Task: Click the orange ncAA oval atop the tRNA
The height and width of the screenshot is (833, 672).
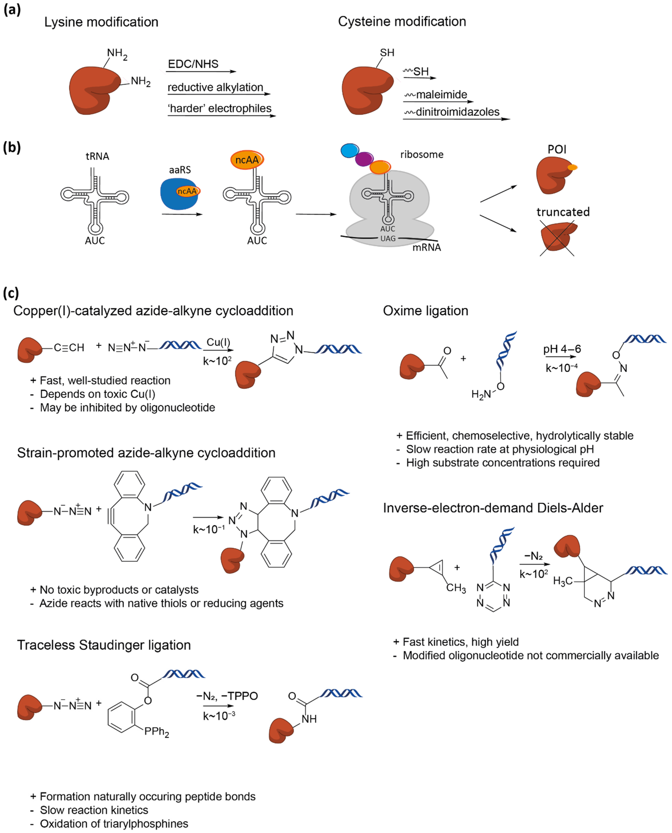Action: [247, 159]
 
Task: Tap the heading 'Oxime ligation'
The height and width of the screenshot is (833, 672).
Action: [425, 311]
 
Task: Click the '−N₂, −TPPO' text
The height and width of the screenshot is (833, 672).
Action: [227, 696]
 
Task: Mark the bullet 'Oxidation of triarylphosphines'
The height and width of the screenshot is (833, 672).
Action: [114, 824]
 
